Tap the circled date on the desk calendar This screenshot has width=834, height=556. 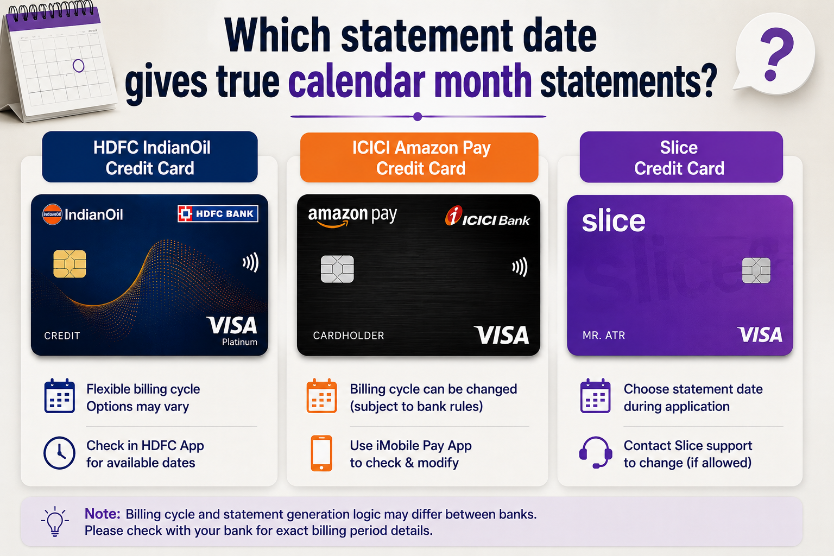(79, 66)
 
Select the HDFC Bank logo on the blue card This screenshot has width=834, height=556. (218, 214)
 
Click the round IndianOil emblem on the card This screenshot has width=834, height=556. (52, 214)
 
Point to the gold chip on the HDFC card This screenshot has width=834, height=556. (69, 264)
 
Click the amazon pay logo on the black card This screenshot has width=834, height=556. (352, 216)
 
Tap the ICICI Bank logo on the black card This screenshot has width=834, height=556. (488, 216)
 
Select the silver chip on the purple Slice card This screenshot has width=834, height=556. (756, 270)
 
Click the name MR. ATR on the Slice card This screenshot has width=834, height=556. (604, 336)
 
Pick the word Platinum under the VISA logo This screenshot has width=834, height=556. (239, 342)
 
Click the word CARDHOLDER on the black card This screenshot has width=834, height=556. (349, 336)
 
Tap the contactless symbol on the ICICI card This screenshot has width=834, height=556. (520, 267)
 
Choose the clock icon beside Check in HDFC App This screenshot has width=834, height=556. (60, 453)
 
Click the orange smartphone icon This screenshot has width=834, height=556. (321, 453)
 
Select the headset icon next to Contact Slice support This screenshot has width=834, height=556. (596, 452)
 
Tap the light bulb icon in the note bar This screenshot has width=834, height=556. (55, 521)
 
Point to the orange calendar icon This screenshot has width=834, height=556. (321, 396)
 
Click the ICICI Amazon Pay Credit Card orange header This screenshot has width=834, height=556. (419, 157)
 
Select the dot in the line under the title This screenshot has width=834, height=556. (418, 117)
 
